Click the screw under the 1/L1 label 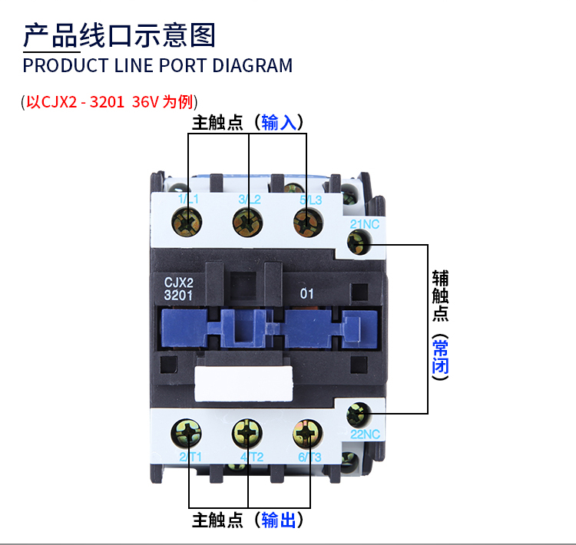point(188,223)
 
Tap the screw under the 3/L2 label point(248,224)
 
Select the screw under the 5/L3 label point(308,224)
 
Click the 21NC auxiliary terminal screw point(358,243)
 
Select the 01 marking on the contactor point(306,292)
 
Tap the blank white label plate point(244,384)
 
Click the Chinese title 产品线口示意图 point(119,35)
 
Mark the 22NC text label point(366,434)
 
